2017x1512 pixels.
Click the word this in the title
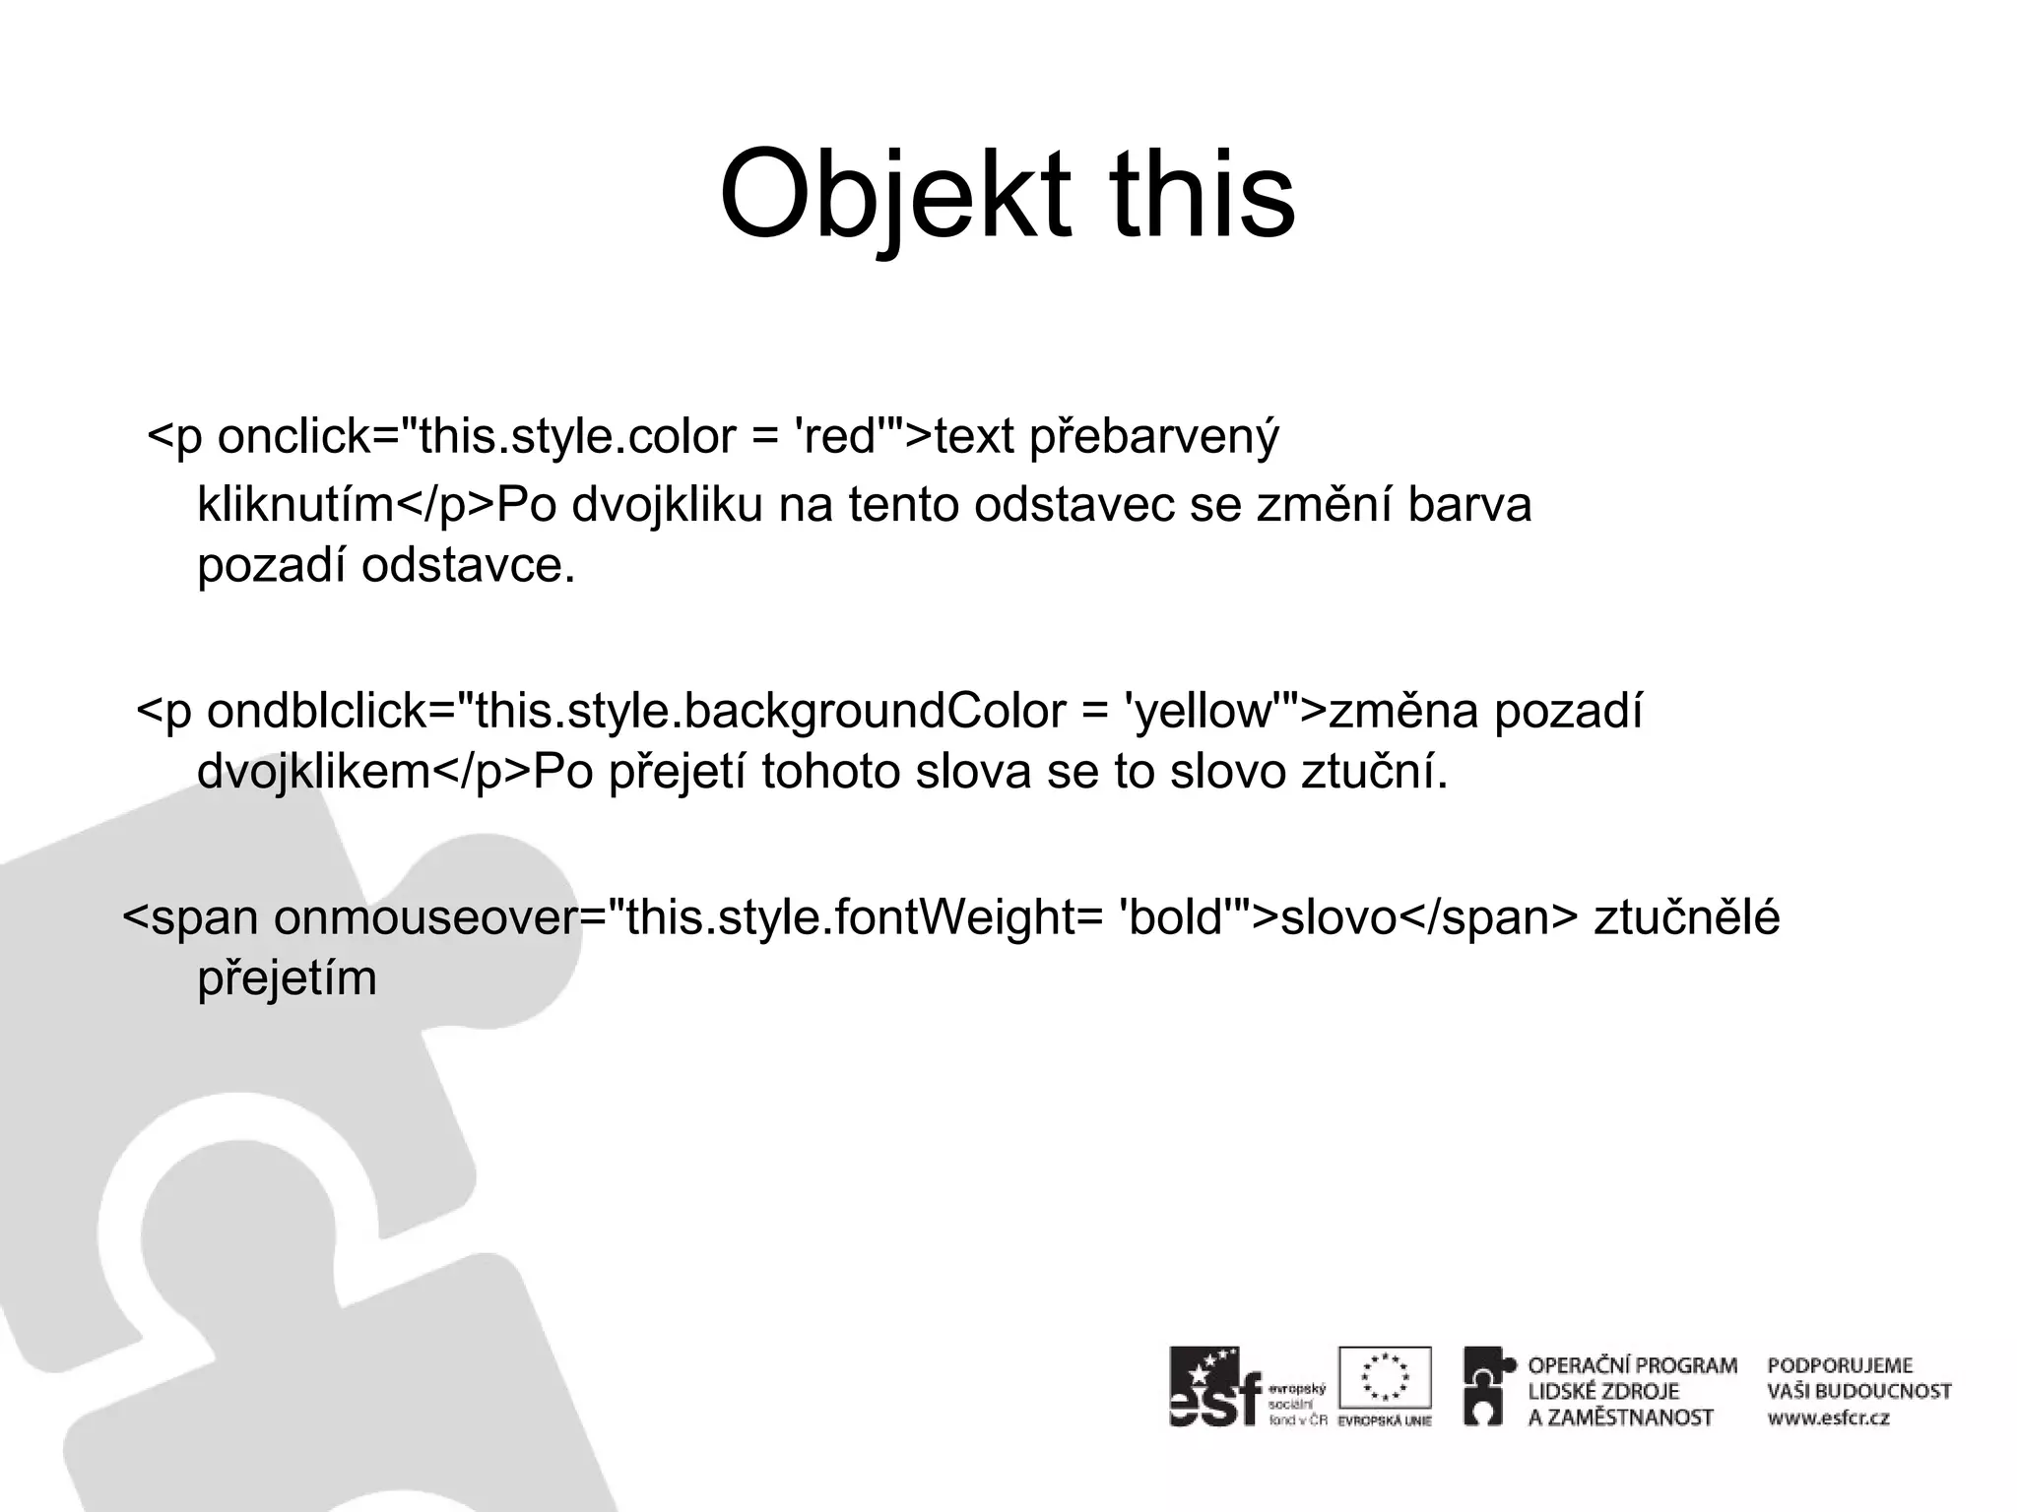point(1203,195)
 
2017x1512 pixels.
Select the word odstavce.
point(467,566)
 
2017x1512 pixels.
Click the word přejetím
point(287,979)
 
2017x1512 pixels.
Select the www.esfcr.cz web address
point(1828,1418)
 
